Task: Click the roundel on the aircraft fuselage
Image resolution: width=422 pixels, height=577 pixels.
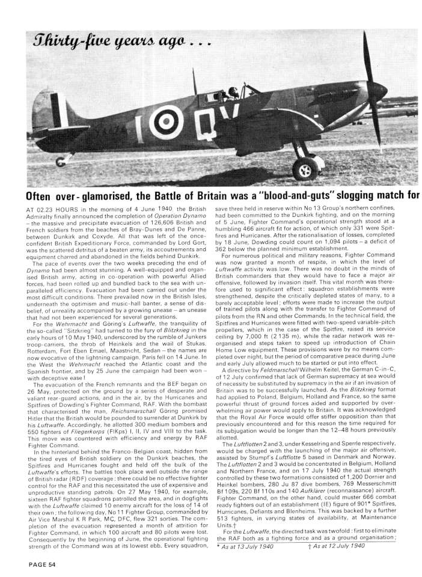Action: coord(162,124)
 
